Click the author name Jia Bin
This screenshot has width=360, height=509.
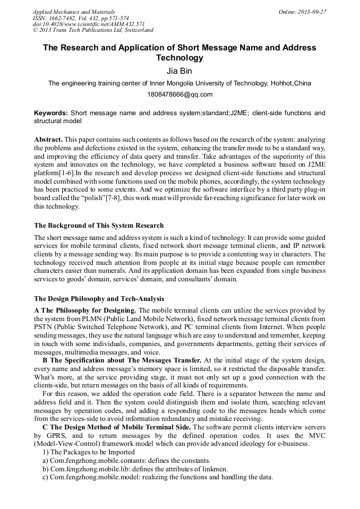[x=179, y=71]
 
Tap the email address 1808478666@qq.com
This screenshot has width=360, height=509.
[x=179, y=94]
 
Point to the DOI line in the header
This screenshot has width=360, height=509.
[x=89, y=24]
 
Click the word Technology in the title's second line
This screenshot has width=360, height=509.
[x=179, y=57]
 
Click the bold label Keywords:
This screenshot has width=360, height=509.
[x=51, y=113]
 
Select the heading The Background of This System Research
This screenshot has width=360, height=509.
[x=99, y=226]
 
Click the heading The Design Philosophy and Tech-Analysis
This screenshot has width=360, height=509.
[x=99, y=299]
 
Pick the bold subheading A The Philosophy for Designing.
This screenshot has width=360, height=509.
[x=85, y=310]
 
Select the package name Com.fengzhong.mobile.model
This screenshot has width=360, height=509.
[x=94, y=477]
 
